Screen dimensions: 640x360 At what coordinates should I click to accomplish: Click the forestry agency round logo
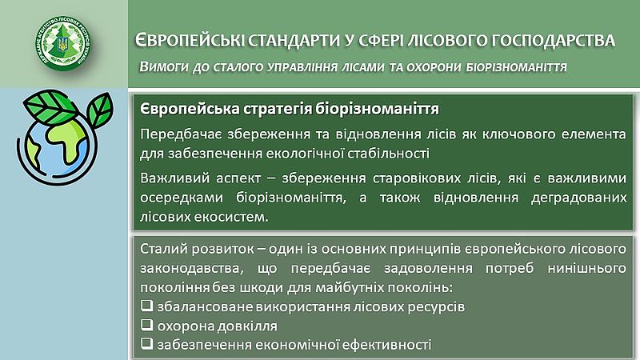(x=63, y=43)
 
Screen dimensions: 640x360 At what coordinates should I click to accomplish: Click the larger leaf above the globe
(x=50, y=107)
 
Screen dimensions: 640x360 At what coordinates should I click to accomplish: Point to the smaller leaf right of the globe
(x=100, y=110)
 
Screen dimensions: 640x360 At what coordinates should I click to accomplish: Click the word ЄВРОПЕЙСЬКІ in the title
(x=190, y=40)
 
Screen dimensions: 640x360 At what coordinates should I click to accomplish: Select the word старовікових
(x=416, y=178)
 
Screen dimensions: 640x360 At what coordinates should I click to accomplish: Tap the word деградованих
(x=578, y=198)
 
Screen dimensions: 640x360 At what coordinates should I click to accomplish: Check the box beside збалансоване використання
(x=146, y=306)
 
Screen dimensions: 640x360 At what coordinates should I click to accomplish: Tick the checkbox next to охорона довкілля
(x=146, y=325)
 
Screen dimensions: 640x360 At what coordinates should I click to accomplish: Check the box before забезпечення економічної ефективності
(x=146, y=344)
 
